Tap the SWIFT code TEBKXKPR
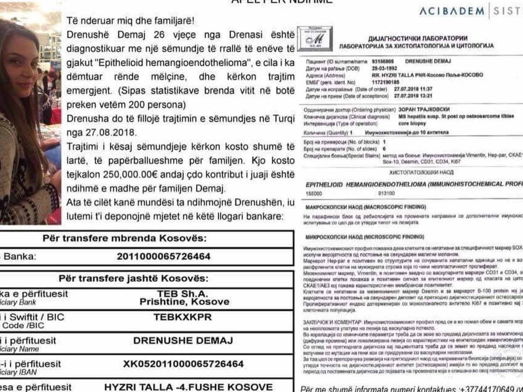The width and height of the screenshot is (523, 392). [183, 317]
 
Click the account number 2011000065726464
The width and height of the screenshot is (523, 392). [163, 256]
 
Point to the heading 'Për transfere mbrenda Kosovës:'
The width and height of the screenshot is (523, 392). [125, 239]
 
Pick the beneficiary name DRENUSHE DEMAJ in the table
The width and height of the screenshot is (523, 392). [183, 341]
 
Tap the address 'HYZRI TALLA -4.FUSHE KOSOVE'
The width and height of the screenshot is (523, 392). [188, 386]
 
